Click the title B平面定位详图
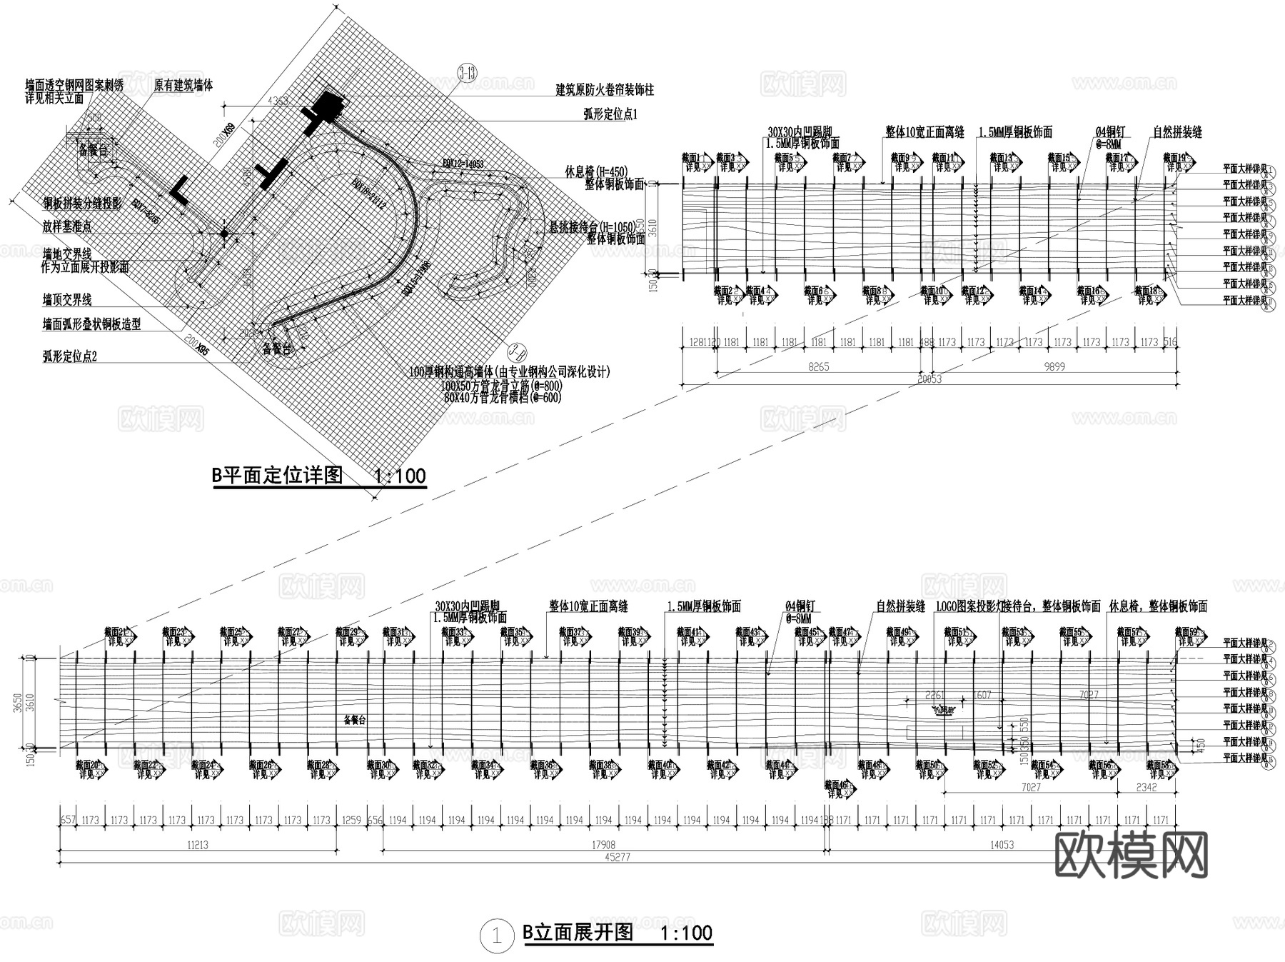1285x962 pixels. click(x=278, y=476)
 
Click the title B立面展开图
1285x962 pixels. click(x=578, y=933)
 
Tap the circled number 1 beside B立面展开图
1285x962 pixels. click(x=497, y=936)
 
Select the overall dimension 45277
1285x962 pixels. click(x=618, y=857)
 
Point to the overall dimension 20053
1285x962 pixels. click(x=929, y=379)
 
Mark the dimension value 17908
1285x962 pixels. click(x=603, y=845)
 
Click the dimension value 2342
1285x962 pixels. click(x=1147, y=787)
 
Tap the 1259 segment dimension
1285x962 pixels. click(x=352, y=821)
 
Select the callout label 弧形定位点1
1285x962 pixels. click(x=610, y=114)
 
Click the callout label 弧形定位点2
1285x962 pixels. click(x=69, y=356)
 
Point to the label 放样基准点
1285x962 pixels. click(x=67, y=227)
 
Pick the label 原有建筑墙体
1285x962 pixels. click(x=183, y=86)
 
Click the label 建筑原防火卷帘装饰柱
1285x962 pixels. click(x=605, y=91)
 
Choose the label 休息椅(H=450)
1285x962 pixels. click(x=596, y=171)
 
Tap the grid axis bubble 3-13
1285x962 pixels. click(x=468, y=73)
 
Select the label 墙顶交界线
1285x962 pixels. click(x=67, y=300)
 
